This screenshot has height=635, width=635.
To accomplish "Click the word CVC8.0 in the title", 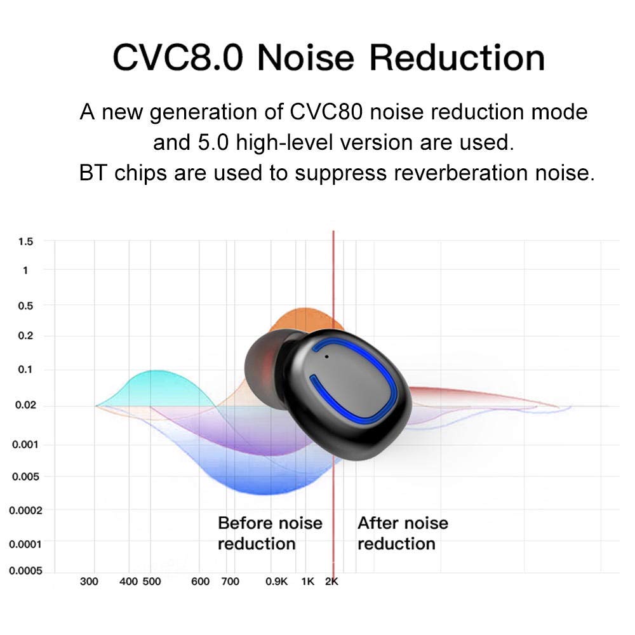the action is [x=178, y=58].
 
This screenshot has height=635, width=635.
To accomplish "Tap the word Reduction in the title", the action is [x=457, y=58].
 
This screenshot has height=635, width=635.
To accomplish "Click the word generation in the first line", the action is [x=203, y=112].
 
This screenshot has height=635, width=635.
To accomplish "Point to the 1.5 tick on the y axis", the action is [x=25, y=242].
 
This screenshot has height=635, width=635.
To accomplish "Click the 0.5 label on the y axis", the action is [x=25, y=306].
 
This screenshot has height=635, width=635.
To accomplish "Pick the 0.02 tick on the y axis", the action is [x=25, y=405].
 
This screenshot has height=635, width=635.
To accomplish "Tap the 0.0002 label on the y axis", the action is [x=25, y=511].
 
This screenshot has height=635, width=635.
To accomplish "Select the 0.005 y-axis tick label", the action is [x=25, y=477].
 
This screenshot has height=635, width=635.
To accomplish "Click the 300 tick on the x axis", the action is [x=89, y=582].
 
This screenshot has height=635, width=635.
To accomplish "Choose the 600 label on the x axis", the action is [x=200, y=582].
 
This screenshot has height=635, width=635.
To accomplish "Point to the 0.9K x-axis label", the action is [x=276, y=582].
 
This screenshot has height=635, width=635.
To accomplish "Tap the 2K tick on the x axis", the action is [x=331, y=582].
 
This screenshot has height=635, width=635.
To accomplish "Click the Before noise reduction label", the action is [x=270, y=533].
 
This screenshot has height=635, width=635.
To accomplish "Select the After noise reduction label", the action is [x=403, y=533].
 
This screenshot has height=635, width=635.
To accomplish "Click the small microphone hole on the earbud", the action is [x=326, y=357].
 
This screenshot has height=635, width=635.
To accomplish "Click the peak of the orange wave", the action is [x=304, y=309].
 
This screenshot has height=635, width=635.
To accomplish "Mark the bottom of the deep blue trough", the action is [x=265, y=495].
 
